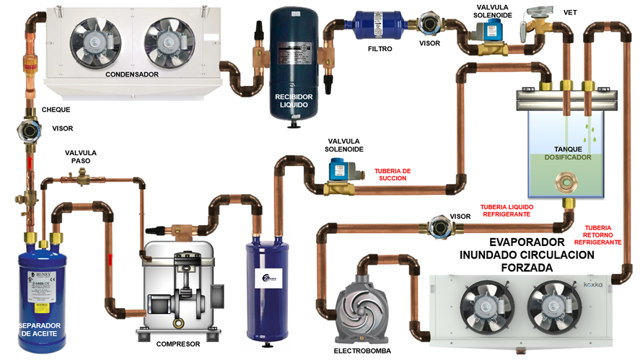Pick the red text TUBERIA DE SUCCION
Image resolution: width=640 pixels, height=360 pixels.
click(x=393, y=175)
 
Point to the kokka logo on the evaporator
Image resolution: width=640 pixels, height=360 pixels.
click(x=593, y=285)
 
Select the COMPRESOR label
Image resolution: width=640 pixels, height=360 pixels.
click(x=177, y=344)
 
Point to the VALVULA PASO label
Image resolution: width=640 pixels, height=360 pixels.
click(x=80, y=157)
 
